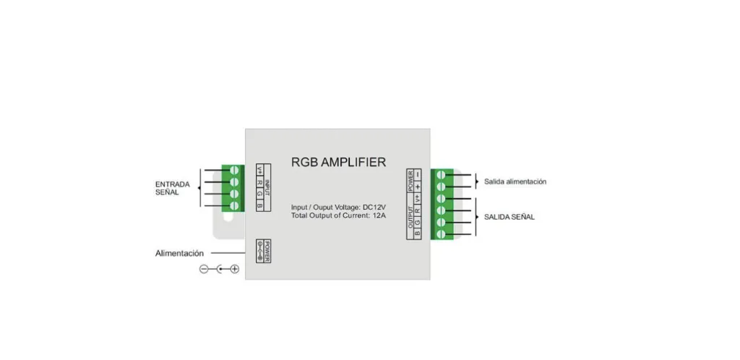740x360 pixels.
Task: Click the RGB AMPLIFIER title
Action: click(x=338, y=162)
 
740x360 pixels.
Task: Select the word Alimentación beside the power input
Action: click(x=180, y=254)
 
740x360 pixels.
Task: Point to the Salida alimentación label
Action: click(x=515, y=181)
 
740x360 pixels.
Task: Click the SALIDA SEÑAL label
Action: click(x=509, y=217)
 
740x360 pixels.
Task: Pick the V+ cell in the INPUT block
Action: click(x=260, y=171)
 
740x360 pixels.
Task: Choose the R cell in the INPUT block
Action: click(x=260, y=183)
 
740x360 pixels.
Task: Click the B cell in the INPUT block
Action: click(x=260, y=207)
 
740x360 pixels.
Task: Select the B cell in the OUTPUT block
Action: click(x=418, y=233)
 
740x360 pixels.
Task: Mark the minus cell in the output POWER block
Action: click(x=418, y=174)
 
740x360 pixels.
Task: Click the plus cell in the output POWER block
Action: click(x=418, y=186)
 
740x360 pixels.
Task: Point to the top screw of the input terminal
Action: click(x=233, y=171)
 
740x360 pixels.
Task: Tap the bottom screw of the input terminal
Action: click(x=233, y=205)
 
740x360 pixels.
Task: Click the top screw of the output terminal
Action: click(x=441, y=175)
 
